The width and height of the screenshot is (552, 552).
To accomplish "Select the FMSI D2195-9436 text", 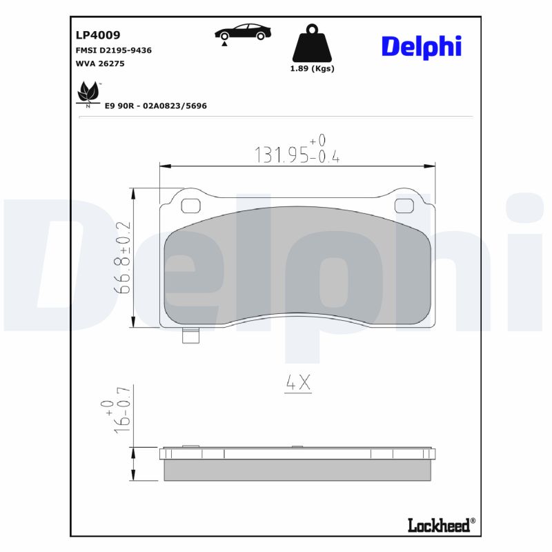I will point(113,50).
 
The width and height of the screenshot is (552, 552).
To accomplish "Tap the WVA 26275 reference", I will point(99,63).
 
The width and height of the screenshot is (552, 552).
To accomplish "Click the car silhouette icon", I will point(242,32).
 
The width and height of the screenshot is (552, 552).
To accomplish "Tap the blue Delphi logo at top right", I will point(421,46).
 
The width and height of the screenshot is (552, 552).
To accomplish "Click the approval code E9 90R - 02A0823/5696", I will point(155,106).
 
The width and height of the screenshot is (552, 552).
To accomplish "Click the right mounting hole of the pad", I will point(403,206).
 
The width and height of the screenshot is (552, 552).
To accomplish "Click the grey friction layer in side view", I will point(297,470).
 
